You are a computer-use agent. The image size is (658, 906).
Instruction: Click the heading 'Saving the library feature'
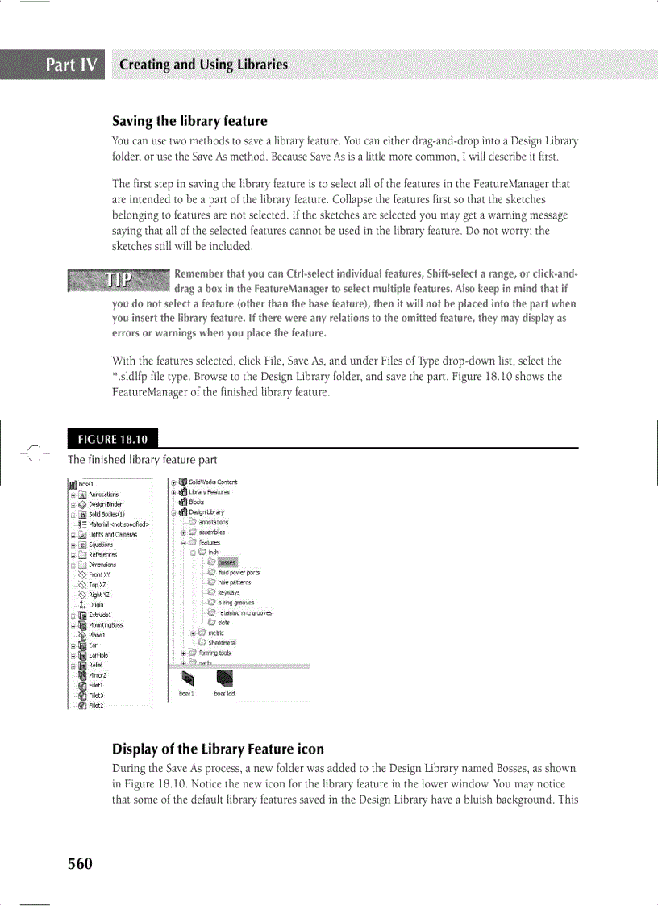(189, 122)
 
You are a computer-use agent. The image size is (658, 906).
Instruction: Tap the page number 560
(80, 864)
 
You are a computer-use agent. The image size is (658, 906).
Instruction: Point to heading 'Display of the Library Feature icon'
(218, 749)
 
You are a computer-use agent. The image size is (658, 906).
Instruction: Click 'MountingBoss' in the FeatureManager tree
(106, 624)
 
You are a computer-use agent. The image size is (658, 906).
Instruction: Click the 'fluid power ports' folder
(239, 572)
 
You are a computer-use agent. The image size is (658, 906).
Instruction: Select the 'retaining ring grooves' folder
(244, 612)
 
